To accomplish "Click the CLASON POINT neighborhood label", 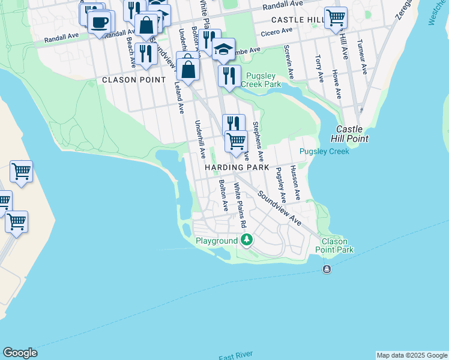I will [x=133, y=80].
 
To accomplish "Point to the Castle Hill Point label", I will [x=352, y=134].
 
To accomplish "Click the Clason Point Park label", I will [x=334, y=245].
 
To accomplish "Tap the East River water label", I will [x=235, y=356].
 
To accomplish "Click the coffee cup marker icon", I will [x=100, y=22].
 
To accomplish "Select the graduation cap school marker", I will [x=223, y=50].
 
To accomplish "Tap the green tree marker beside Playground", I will [x=246, y=240].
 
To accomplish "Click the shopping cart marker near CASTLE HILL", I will [x=336, y=17].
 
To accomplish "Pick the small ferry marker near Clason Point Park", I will [x=327, y=269].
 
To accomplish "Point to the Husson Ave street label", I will [x=295, y=183].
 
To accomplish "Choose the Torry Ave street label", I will [x=318, y=68].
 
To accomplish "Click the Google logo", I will [x=20, y=353].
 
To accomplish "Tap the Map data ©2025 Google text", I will [x=412, y=355].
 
